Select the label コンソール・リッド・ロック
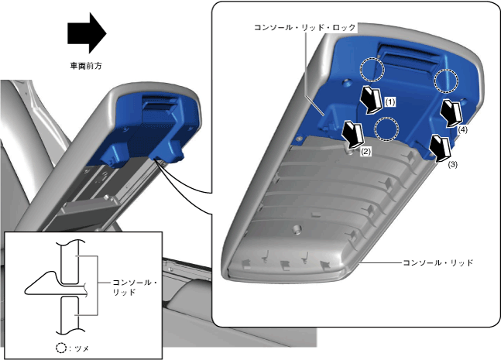(305, 27)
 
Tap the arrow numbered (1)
(372, 98)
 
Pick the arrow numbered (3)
(441, 147)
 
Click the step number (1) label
(389, 101)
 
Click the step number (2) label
(365, 152)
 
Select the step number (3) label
(453, 165)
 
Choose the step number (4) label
(462, 131)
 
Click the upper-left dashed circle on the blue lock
(372, 70)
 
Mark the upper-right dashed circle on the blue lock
(447, 81)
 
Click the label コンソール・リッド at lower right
(437, 263)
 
